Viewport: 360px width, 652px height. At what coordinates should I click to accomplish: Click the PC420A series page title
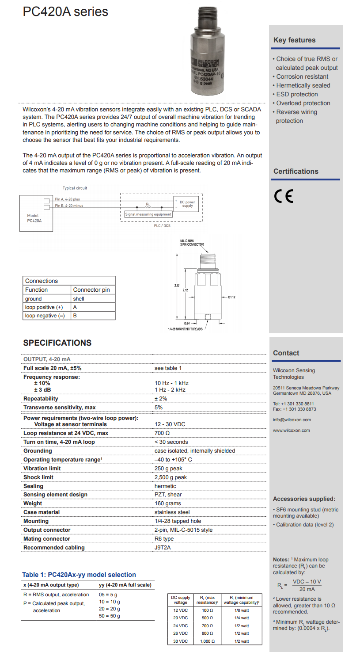click(65, 11)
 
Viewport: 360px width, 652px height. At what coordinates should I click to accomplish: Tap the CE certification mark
click(284, 196)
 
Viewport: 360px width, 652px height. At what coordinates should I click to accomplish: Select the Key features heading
click(294, 40)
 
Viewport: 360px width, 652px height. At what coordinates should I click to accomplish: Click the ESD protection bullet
click(297, 94)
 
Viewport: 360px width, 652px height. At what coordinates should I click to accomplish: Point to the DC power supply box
click(187, 204)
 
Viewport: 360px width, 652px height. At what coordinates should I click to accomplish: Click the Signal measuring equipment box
click(148, 214)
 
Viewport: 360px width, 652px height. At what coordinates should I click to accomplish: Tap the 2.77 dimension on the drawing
click(177, 286)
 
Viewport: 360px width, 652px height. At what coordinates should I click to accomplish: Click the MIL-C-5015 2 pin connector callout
click(192, 243)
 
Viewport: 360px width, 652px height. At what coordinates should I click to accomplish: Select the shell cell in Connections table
click(79, 298)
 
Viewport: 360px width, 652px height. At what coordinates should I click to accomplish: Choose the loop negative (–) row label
click(45, 316)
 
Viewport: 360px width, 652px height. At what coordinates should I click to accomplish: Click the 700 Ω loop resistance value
click(162, 433)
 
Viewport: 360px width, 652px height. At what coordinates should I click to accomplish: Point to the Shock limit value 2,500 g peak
click(171, 477)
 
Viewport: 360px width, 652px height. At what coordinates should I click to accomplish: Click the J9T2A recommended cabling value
click(163, 547)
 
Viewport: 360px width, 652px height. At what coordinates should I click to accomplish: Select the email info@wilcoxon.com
click(292, 419)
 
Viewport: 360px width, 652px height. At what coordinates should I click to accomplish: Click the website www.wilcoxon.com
click(291, 430)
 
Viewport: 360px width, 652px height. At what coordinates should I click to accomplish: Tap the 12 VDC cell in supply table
click(180, 610)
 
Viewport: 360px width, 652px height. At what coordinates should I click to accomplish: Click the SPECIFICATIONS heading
click(57, 343)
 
